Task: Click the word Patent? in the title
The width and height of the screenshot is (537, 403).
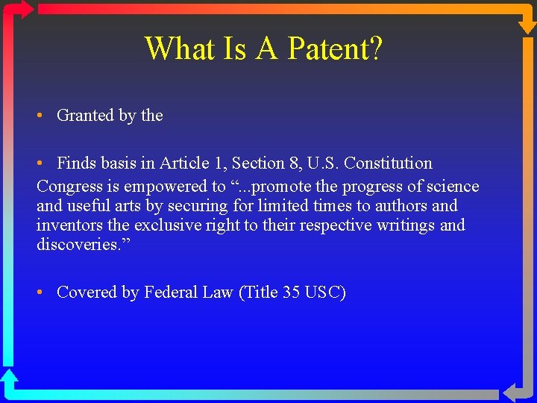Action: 335,49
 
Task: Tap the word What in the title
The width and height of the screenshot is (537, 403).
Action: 178,49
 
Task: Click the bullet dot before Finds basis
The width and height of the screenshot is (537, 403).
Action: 41,163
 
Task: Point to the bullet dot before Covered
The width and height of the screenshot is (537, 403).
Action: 41,293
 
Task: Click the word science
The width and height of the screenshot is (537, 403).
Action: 452,187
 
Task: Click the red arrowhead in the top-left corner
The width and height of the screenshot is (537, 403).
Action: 25,9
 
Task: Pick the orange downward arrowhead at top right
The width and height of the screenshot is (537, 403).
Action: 527,25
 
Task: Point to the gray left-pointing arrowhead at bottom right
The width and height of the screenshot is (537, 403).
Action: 512,393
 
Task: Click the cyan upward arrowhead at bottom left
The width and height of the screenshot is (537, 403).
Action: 9,377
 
